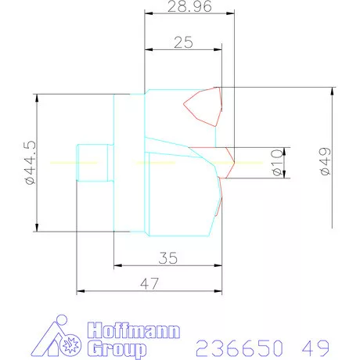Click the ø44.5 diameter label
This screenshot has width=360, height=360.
point(31,163)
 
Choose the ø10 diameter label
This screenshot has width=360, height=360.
point(276,164)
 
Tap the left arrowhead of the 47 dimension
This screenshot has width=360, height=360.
point(80,292)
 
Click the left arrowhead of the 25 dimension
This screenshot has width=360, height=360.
point(148,51)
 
